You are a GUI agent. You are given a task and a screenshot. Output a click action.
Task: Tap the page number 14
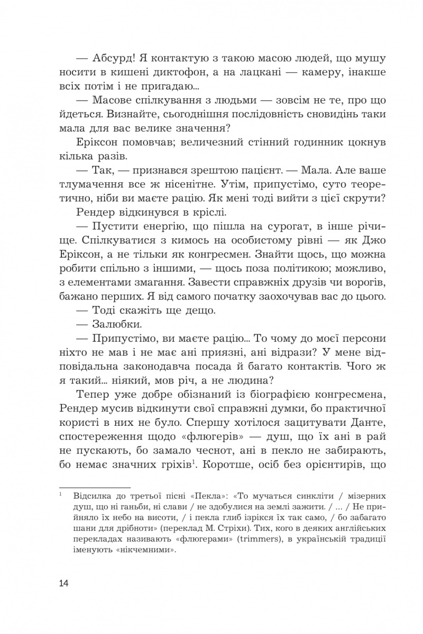pos(64,583)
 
